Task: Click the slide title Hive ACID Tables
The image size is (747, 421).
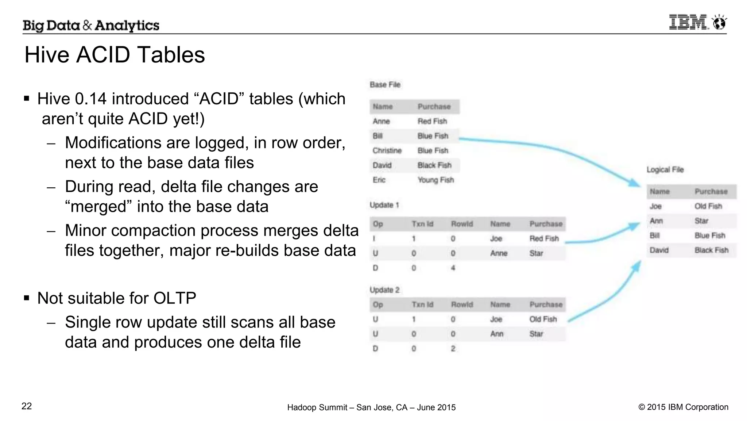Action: [115, 55]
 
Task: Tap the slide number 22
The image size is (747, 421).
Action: [27, 406]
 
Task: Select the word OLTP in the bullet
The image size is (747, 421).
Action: [175, 298]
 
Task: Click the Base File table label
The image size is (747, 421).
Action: [385, 85]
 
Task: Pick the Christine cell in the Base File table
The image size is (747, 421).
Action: [387, 150]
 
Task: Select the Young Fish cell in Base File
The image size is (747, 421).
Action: [436, 180]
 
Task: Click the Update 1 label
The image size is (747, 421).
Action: [384, 205]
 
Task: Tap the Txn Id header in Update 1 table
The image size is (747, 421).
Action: [422, 224]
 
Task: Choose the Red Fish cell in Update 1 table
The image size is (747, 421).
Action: [544, 238]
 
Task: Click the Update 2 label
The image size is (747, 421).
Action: [384, 290]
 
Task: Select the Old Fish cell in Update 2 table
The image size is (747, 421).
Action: [543, 319]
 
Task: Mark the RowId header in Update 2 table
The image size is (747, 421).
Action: [462, 305]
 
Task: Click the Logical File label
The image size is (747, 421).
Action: [665, 169]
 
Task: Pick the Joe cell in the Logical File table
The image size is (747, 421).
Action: [655, 206]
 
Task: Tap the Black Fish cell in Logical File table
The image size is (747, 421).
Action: [711, 250]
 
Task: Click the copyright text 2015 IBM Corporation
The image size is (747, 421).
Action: [683, 407]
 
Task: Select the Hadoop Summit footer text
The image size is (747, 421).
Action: [371, 407]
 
